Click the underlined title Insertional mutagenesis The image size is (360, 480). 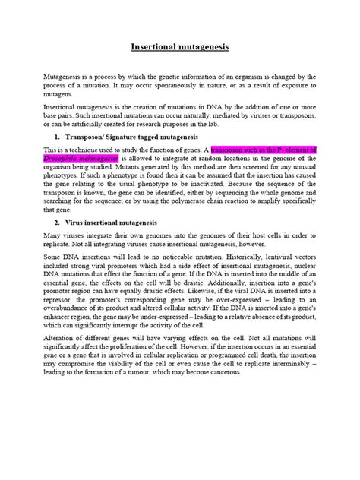(x=180, y=46)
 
